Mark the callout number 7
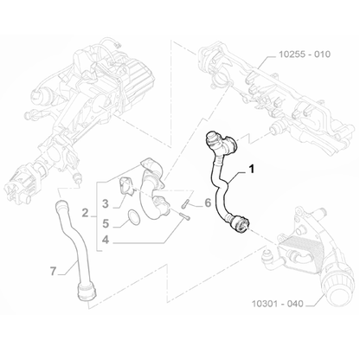click(53, 271)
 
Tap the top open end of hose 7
click(60, 205)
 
